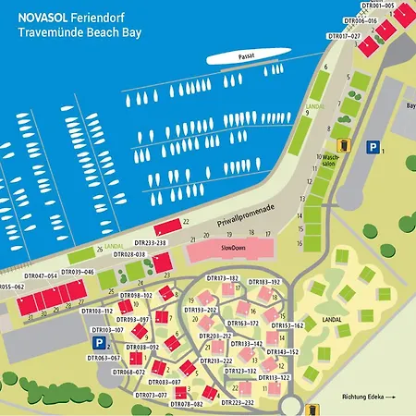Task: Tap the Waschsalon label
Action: pyautogui.click(x=329, y=160)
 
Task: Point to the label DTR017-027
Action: pyautogui.click(x=343, y=36)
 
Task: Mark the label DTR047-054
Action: pyautogui.click(x=41, y=275)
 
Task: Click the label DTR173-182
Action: pyautogui.click(x=223, y=278)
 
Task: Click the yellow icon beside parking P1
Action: pyautogui.click(x=343, y=144)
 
